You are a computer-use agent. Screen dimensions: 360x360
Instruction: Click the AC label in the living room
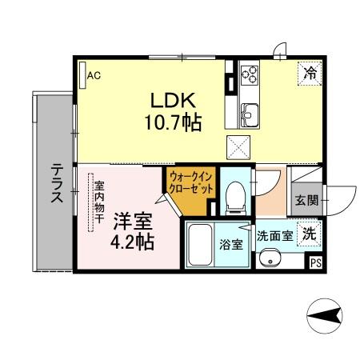[x=94, y=76]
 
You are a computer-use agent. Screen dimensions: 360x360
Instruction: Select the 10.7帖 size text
[x=174, y=123]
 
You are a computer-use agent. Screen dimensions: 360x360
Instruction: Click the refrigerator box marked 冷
[x=309, y=73]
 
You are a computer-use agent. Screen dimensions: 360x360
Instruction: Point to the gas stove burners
[x=250, y=76]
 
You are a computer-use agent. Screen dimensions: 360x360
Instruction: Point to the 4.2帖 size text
[x=131, y=242]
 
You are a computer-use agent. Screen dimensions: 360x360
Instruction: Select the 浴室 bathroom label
[x=232, y=245]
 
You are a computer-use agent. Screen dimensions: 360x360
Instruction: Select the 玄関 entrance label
[x=304, y=200]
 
